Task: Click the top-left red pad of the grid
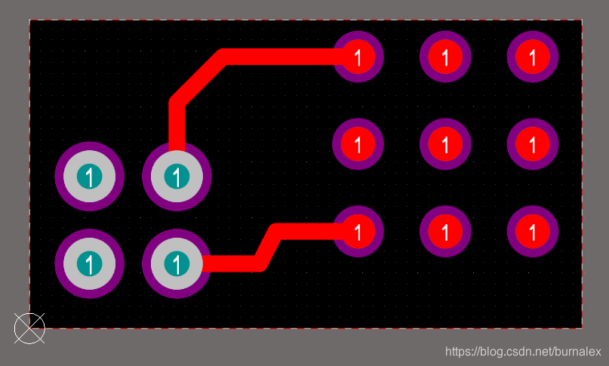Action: click(x=358, y=57)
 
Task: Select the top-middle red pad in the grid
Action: click(x=445, y=57)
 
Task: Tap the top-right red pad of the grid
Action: click(x=533, y=57)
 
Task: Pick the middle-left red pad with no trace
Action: click(x=358, y=143)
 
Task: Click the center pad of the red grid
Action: click(x=445, y=143)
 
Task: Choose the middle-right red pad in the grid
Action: click(x=533, y=143)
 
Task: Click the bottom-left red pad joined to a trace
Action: click(x=358, y=231)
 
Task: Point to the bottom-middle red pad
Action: click(x=445, y=231)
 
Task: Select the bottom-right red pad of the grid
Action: click(x=533, y=231)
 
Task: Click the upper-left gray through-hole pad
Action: click(x=89, y=177)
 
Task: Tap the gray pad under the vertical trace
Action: click(x=177, y=177)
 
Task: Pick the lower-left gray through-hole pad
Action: click(x=89, y=263)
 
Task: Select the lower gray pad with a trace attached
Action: click(x=177, y=263)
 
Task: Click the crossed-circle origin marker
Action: click(x=29, y=328)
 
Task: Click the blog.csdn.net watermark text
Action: click(x=522, y=352)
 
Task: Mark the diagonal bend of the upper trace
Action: click(x=199, y=79)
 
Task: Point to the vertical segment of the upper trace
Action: click(x=177, y=125)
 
